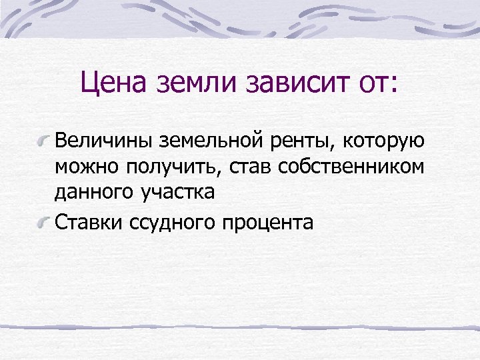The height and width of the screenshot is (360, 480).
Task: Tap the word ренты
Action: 294,142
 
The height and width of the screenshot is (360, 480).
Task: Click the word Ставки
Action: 89,221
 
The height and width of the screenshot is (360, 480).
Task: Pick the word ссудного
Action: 173,221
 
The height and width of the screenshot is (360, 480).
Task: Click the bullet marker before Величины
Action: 45,141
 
